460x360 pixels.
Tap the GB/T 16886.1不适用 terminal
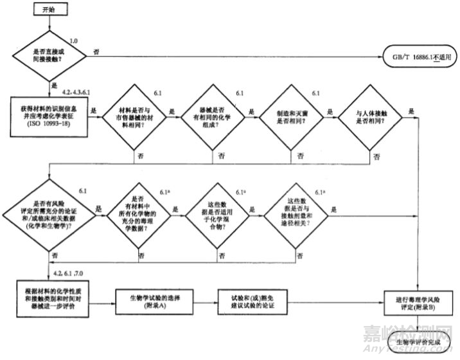[419, 57]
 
